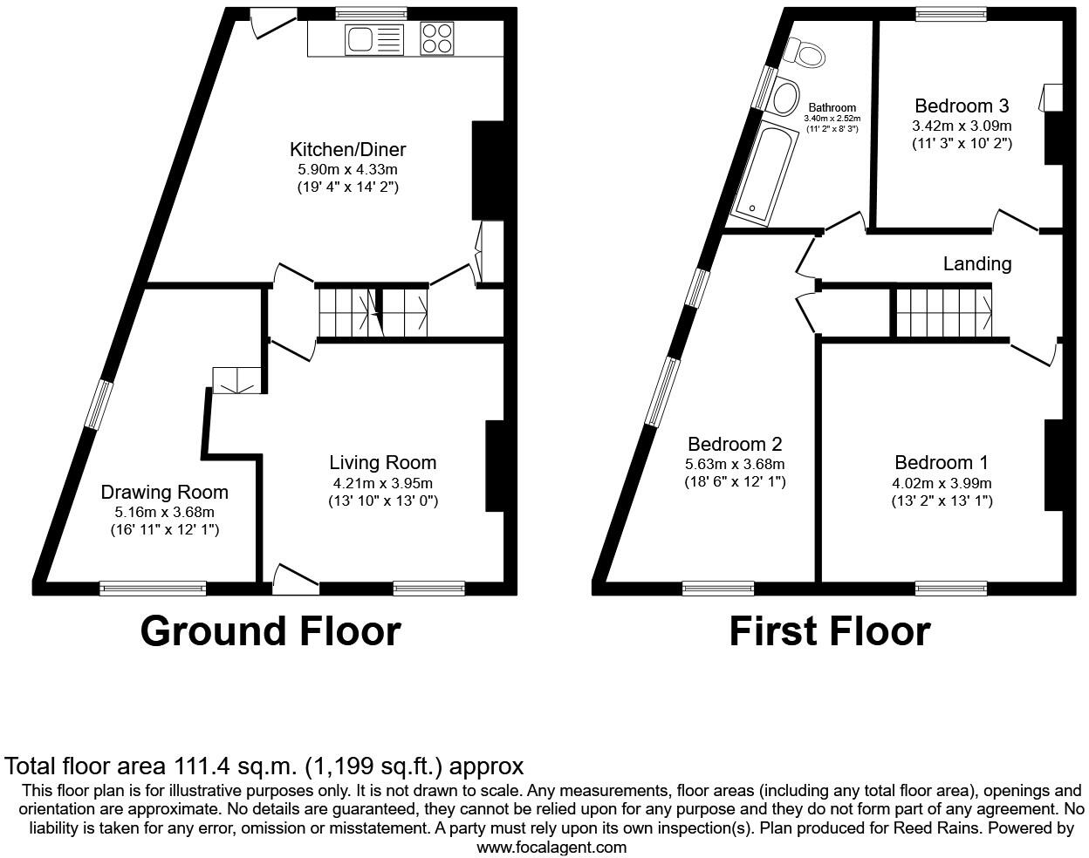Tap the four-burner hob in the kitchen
(437, 38)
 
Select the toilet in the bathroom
(805, 53)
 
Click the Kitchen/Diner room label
(347, 149)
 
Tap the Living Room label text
(382, 463)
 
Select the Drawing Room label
(164, 493)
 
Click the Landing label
(976, 263)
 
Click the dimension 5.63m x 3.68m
(735, 464)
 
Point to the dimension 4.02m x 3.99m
(942, 483)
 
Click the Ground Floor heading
(270, 631)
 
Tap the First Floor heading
(829, 631)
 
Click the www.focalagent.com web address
(551, 847)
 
